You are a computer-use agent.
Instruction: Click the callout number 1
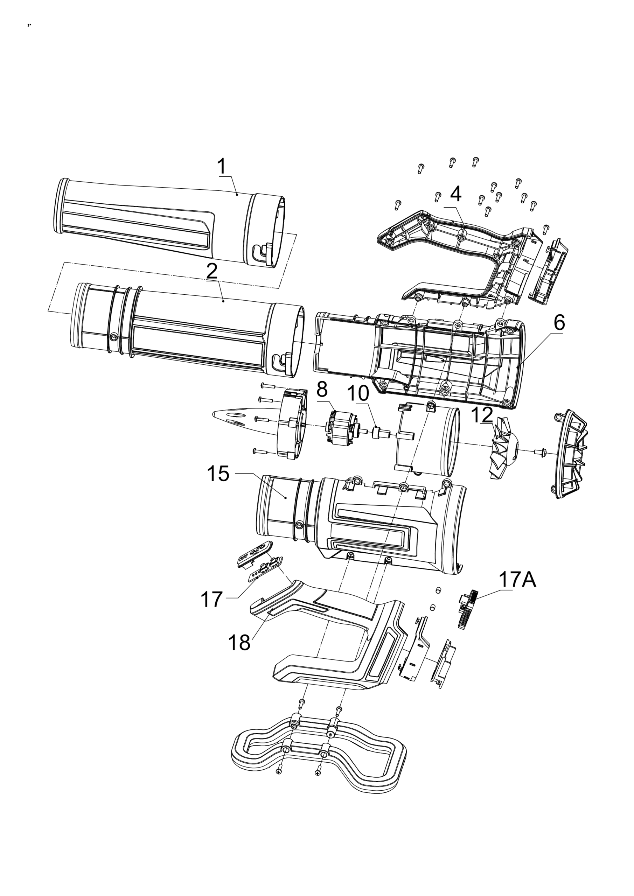click(x=222, y=167)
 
